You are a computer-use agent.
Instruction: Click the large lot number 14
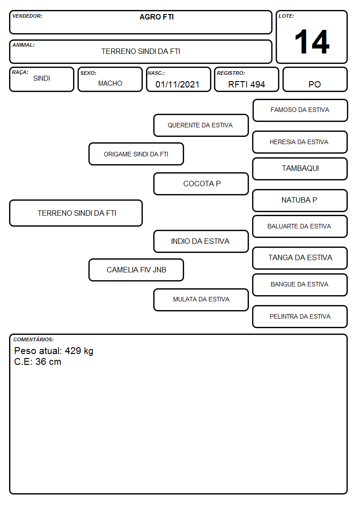coord(312,42)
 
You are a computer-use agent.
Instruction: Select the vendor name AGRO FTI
coord(157,17)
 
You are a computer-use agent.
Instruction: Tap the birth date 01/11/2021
coord(178,84)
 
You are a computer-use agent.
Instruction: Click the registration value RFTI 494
coord(246,84)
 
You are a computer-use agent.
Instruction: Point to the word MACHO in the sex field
coord(110,83)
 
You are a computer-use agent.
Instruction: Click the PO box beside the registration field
coord(315,79)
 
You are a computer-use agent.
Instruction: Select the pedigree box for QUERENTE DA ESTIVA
coord(201,125)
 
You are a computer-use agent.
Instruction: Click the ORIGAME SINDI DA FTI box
coord(136,154)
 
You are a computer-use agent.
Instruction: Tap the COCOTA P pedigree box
coord(201,184)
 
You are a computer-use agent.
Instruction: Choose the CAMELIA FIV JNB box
coord(136,270)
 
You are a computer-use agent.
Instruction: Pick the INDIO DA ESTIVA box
coord(201,241)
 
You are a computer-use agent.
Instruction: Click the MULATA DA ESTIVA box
coord(201,300)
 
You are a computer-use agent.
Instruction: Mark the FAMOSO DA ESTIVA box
coord(300,111)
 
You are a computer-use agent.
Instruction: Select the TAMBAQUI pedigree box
coord(300,169)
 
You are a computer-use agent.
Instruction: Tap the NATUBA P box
coord(300,200)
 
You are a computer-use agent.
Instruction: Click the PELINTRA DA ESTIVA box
coord(300,316)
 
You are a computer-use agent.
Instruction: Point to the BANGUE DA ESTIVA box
coord(300,285)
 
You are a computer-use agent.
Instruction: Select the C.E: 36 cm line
coord(38,362)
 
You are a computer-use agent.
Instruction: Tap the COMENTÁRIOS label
coord(34,339)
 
